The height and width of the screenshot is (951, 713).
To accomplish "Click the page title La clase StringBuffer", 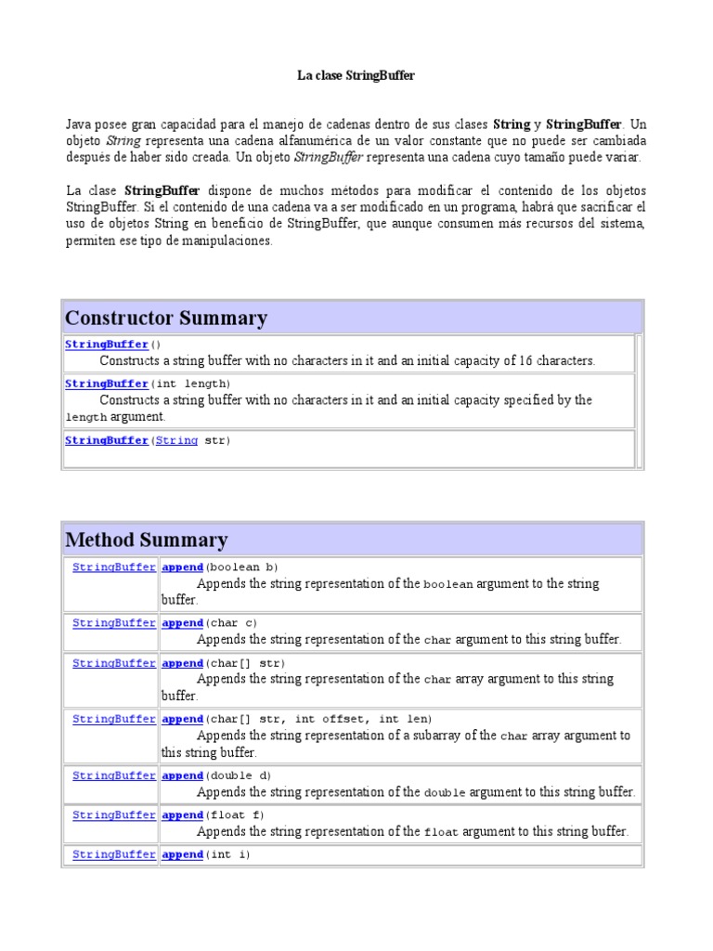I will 356,76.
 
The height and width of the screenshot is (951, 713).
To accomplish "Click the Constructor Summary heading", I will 166,319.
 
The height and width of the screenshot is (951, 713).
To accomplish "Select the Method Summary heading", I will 146,540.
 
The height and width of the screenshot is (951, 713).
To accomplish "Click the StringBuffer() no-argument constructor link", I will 106,345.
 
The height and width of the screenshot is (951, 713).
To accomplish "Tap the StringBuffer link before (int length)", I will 106,384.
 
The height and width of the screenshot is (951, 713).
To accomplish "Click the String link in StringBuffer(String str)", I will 176,441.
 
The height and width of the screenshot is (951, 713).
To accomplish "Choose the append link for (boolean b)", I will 182,567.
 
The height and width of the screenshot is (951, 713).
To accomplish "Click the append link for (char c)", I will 182,623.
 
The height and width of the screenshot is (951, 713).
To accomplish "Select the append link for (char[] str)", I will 182,663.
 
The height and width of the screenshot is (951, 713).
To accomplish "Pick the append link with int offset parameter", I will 182,719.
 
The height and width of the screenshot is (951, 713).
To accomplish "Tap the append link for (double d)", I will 182,775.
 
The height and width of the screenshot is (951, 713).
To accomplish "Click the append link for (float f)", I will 182,814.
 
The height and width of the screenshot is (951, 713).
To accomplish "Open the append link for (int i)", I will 182,854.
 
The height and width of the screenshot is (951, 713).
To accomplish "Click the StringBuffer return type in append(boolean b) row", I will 113,567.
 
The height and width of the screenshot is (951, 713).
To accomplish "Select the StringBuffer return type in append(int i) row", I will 113,854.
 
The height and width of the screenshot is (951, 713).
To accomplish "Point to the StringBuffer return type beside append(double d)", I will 113,775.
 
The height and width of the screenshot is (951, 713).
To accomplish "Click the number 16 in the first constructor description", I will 521,361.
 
